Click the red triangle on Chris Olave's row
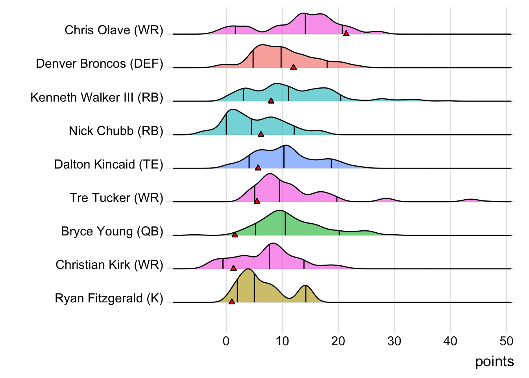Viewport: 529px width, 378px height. [x=346, y=33]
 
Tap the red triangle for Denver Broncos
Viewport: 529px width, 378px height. [x=293, y=67]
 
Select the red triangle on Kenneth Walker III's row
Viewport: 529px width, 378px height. [x=271, y=100]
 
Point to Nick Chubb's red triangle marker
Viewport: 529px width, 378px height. [x=261, y=134]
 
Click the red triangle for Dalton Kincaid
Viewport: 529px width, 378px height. [x=258, y=168]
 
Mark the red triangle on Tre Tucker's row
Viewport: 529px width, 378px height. [x=257, y=201]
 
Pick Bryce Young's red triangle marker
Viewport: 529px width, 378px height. [x=235, y=235]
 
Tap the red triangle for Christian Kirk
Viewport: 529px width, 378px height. [x=233, y=268]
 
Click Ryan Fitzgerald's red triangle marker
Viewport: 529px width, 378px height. [x=231, y=302]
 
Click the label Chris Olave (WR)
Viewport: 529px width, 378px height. [x=114, y=30]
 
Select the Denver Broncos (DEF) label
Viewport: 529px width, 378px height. [x=99, y=64]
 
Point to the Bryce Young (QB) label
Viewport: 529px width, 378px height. [x=112, y=232]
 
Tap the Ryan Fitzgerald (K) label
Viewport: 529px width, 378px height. [x=109, y=298]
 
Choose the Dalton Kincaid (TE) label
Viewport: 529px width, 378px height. [x=109, y=165]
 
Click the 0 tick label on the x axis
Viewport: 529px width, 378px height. [x=226, y=341]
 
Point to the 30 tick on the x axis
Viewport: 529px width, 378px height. [x=394, y=341]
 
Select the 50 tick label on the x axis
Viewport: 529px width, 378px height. [x=506, y=341]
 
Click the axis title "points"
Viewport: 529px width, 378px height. [x=494, y=361]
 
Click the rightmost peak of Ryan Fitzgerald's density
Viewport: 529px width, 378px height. [x=306, y=286]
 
